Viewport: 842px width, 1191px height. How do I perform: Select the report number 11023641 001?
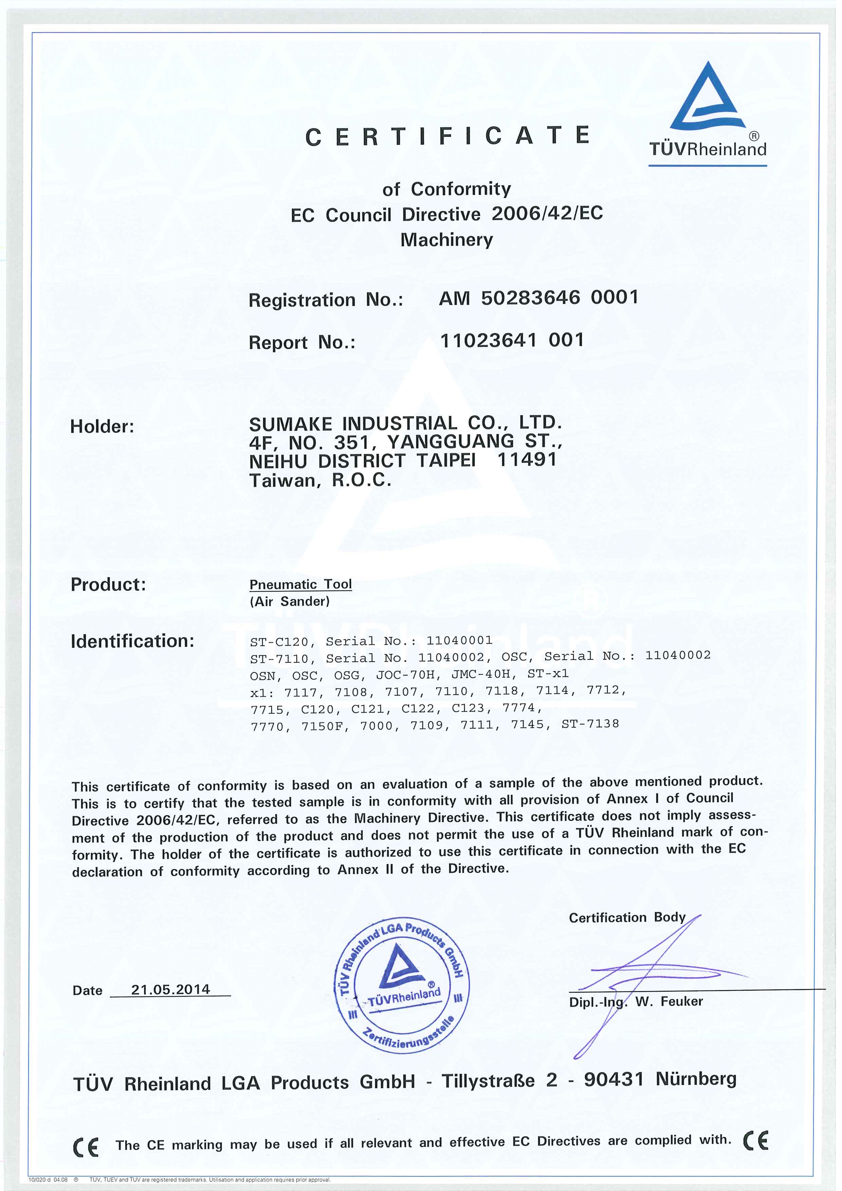[512, 340]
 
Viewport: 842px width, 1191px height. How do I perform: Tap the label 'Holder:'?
[102, 426]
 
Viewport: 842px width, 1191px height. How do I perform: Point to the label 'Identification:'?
[132, 641]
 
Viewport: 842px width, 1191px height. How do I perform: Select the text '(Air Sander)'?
[290, 601]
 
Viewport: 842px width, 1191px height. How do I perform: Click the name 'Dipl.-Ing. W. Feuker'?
[636, 1002]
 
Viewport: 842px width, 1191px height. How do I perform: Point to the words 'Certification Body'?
[627, 918]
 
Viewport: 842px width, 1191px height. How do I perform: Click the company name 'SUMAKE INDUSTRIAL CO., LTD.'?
[405, 423]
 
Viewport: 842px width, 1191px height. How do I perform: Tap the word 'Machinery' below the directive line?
[446, 240]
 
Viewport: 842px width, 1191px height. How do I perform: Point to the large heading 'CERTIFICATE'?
[447, 136]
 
